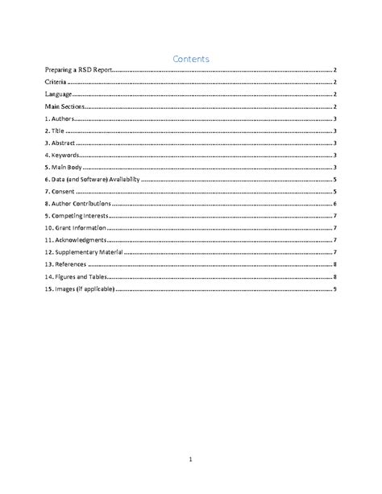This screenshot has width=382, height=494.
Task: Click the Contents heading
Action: coord(191,59)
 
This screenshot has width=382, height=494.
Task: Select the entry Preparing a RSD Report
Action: coord(77,72)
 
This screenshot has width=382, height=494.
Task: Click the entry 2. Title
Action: coord(55,131)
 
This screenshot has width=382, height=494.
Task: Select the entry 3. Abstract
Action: coord(60,143)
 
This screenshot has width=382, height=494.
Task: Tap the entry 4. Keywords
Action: coord(62,155)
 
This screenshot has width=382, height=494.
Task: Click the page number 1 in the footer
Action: coord(190,459)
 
